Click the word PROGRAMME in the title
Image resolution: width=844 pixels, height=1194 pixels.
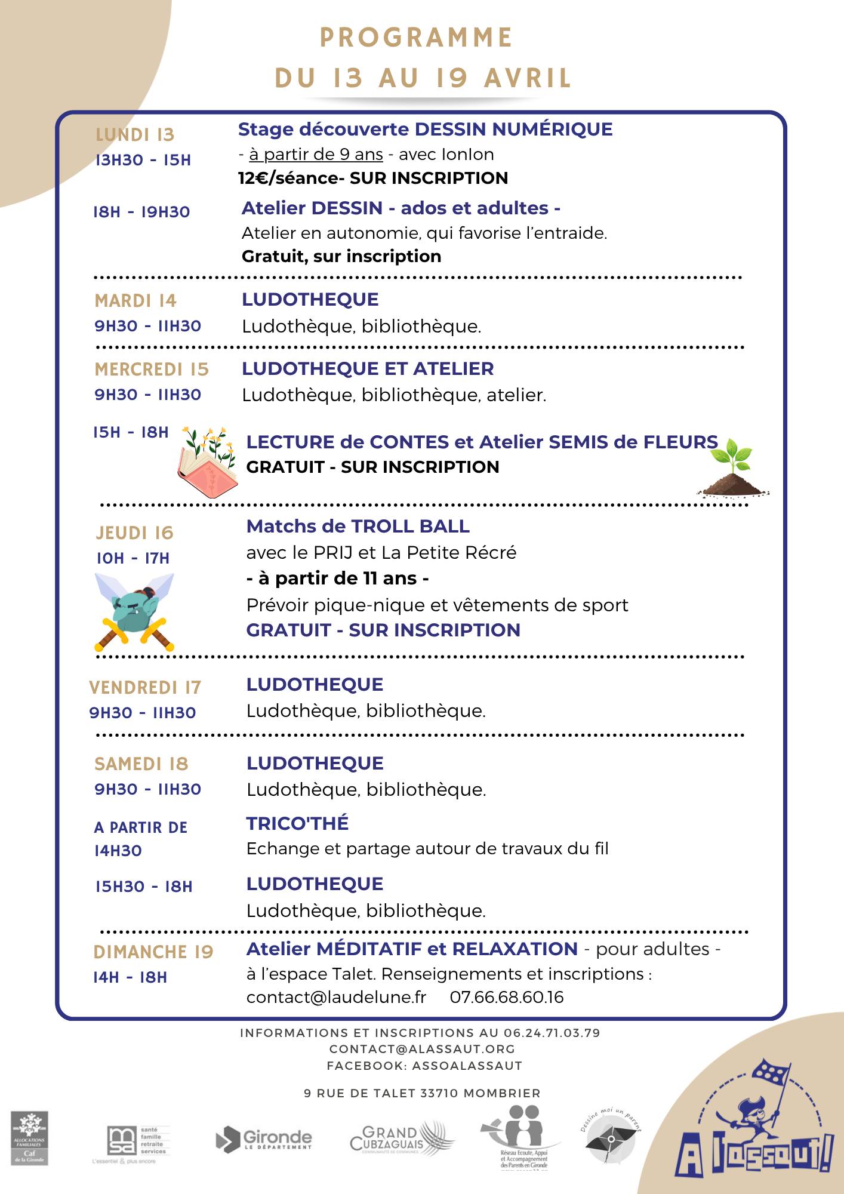[x=416, y=38]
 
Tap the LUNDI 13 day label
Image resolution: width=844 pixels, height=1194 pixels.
[x=135, y=135]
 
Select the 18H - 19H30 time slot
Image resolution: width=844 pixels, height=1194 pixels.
[x=141, y=212]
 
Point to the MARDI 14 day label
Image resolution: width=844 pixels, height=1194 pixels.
[x=135, y=300]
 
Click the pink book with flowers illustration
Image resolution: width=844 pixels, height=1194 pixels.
[x=207, y=463]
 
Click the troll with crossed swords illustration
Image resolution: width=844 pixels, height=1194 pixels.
[x=134, y=612]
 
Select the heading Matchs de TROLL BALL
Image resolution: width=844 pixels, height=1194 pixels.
[x=358, y=526]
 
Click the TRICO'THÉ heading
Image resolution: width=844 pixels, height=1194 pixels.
[x=297, y=823]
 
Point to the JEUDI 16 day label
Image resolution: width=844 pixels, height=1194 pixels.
[x=134, y=533]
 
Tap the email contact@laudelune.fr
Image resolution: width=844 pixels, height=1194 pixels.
[x=336, y=997]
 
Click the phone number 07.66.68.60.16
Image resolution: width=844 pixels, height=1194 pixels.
[x=506, y=997]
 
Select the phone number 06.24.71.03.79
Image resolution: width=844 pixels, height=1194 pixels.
[x=552, y=1033]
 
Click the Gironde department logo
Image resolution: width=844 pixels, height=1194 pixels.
[x=264, y=1139]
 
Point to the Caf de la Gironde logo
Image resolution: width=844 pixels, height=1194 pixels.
[x=29, y=1138]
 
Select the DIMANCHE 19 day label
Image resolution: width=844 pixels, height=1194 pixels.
[x=153, y=952]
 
